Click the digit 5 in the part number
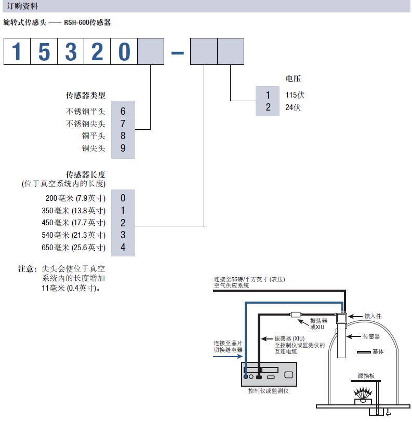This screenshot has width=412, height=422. coord(44,51)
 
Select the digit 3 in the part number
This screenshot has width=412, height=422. coord(71,51)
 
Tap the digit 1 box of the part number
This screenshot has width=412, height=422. coord(17,51)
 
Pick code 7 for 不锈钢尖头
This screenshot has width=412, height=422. coord(123,124)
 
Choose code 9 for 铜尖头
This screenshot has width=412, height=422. coord(123,148)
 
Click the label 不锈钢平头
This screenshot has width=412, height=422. coord(85,111)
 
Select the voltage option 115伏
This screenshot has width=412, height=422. coord(295,95)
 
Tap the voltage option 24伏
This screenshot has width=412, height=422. coord(293,107)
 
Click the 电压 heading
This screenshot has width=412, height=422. coord(293,79)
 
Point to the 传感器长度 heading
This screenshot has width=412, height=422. coord(86,174)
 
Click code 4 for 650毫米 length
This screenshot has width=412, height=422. coord(123,247)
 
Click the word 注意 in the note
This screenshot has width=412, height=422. coord(26,269)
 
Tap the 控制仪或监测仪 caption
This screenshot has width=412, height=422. coord(268,391)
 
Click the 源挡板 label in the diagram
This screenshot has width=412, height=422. coord(366,376)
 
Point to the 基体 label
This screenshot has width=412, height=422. coord(378,351)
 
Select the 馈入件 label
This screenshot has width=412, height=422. coord(373,316)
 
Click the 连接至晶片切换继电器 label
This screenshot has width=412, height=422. coord(228,346)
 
